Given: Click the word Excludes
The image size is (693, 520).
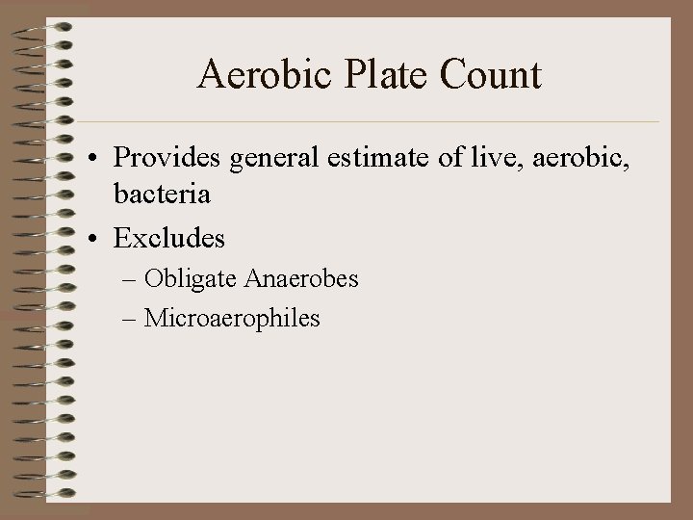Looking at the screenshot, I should click(169, 236).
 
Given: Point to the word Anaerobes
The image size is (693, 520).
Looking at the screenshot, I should click(301, 279).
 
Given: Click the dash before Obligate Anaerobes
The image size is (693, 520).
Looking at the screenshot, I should click(130, 280).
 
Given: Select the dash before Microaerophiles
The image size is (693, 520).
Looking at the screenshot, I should click(130, 319).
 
